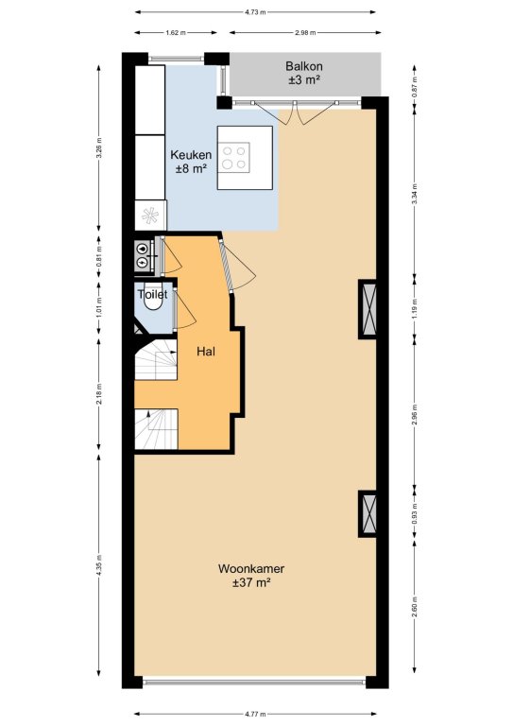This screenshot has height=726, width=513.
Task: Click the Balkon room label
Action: (304, 66)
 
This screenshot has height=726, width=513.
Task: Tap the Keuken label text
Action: (191, 155)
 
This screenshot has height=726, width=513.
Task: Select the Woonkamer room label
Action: (251, 568)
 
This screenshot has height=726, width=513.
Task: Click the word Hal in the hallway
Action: (206, 352)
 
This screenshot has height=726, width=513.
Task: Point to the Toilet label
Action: (152, 295)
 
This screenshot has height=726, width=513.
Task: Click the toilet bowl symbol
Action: (153, 301)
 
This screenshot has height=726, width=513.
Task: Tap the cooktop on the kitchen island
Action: (234, 158)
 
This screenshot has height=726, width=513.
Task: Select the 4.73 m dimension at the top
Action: (255, 12)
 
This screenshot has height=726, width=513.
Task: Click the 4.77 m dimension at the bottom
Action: (255, 715)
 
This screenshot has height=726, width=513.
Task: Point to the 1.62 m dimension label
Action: (176, 33)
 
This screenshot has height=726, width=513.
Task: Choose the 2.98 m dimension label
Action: (305, 33)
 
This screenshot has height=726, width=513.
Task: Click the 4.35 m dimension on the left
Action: (99, 565)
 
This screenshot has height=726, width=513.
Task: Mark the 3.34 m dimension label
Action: (415, 194)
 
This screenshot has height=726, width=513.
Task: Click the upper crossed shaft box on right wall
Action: (368, 309)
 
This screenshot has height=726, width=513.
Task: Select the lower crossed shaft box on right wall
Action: (368, 513)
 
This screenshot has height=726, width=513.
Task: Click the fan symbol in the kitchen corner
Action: (150, 215)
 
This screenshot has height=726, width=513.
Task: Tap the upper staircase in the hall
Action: (156, 360)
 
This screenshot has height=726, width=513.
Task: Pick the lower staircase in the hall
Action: (156, 429)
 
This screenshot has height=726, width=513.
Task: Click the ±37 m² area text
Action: (251, 582)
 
